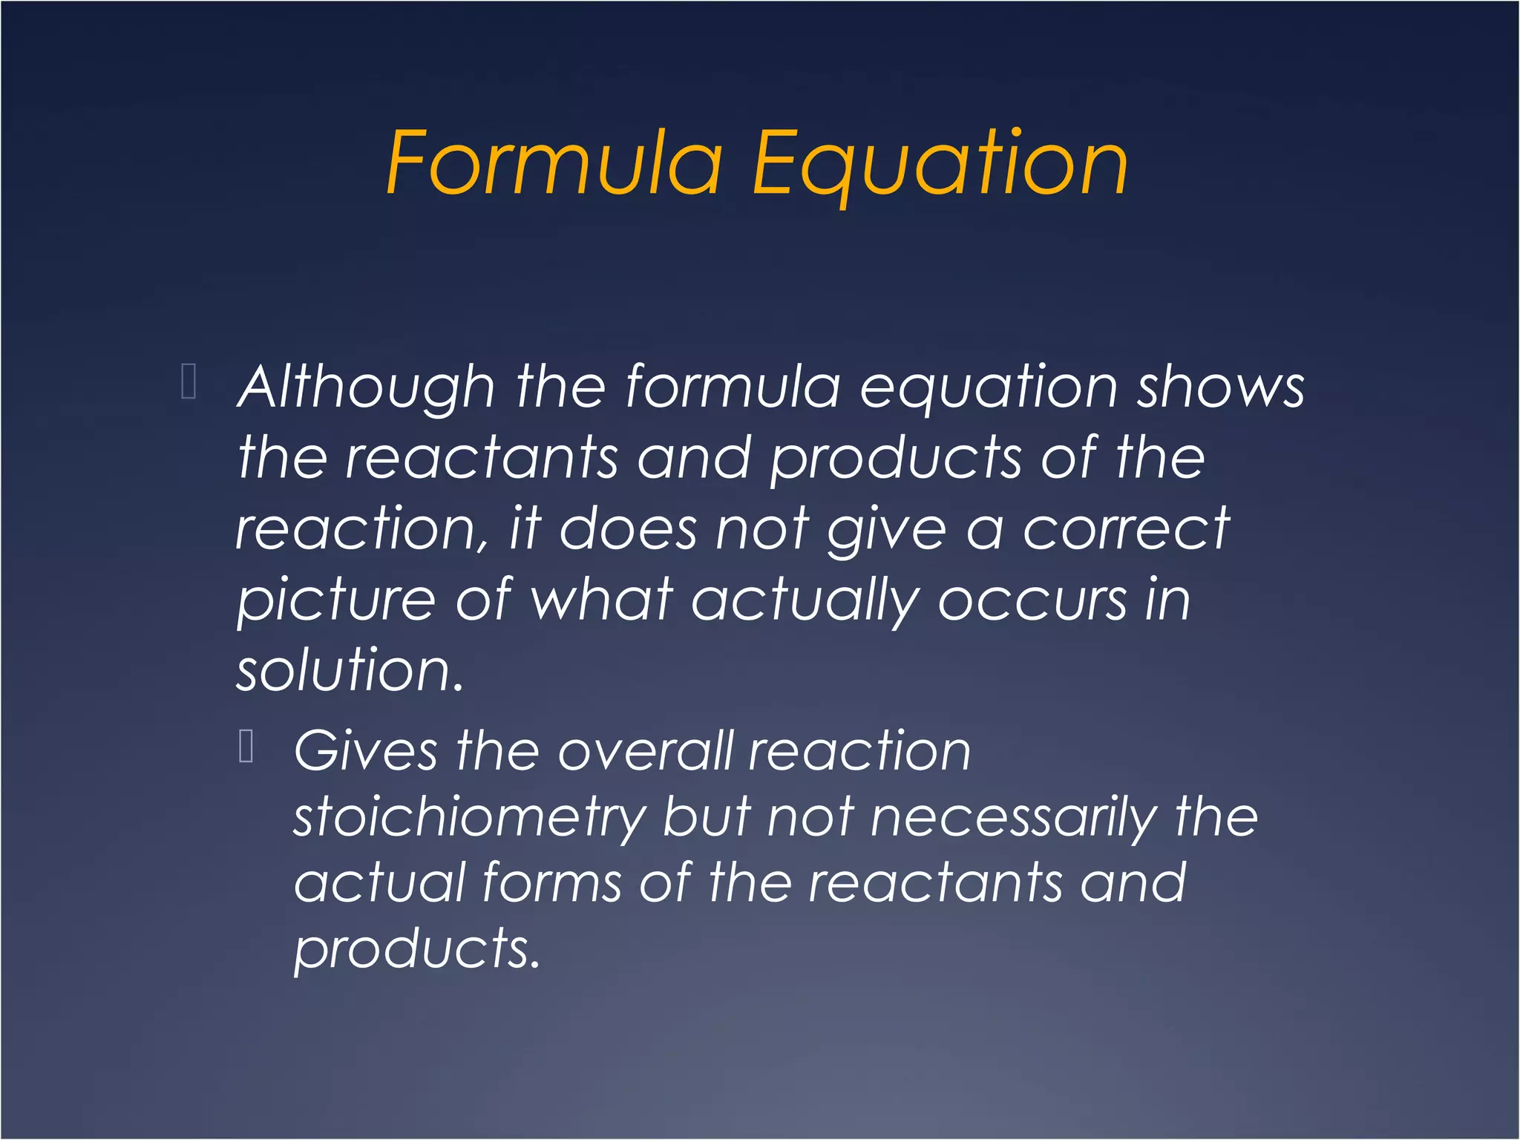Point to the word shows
(x=1221, y=387)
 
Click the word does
(x=628, y=529)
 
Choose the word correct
(x=1127, y=529)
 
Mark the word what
(x=602, y=600)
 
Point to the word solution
(x=350, y=670)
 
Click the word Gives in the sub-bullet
(x=366, y=751)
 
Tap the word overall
(x=646, y=751)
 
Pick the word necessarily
(x=1014, y=818)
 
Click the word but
(x=707, y=817)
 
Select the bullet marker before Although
(x=189, y=381)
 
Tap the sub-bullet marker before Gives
(x=247, y=746)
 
